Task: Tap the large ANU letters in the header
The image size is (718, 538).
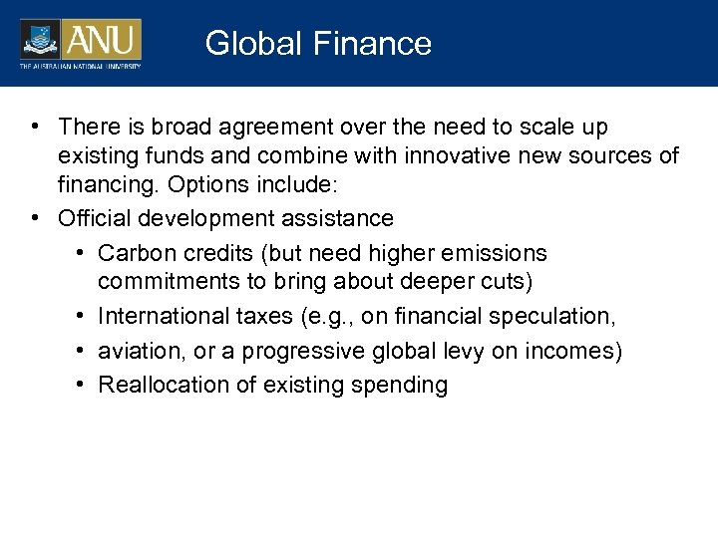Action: (x=103, y=40)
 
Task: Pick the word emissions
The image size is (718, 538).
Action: (x=494, y=253)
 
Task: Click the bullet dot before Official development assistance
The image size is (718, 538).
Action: (x=36, y=218)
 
